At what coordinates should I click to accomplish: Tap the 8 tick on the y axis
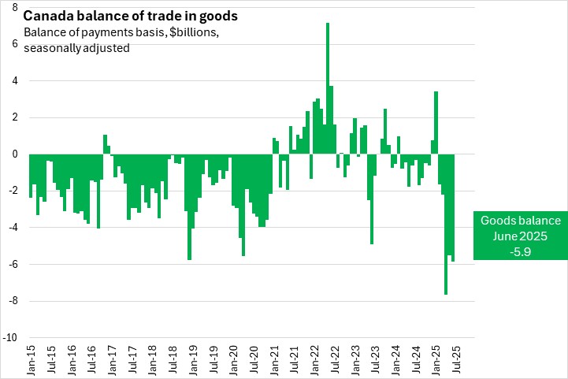click(15, 7)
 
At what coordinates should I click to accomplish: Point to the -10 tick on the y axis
click(10, 338)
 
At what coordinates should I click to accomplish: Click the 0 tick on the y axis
click(15, 154)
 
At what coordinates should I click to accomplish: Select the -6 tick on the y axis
click(13, 265)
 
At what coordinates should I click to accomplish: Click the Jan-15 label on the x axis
click(31, 359)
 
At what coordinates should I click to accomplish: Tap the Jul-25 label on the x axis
click(455, 359)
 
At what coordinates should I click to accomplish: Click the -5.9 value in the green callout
click(521, 251)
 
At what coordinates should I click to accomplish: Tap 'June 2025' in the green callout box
click(521, 236)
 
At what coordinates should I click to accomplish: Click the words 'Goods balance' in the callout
click(521, 221)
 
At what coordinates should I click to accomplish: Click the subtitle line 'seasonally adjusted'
click(76, 48)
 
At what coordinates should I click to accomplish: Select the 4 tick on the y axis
click(15, 81)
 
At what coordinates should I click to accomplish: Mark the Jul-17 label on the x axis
click(132, 359)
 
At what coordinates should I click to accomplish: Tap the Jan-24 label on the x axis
click(395, 359)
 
